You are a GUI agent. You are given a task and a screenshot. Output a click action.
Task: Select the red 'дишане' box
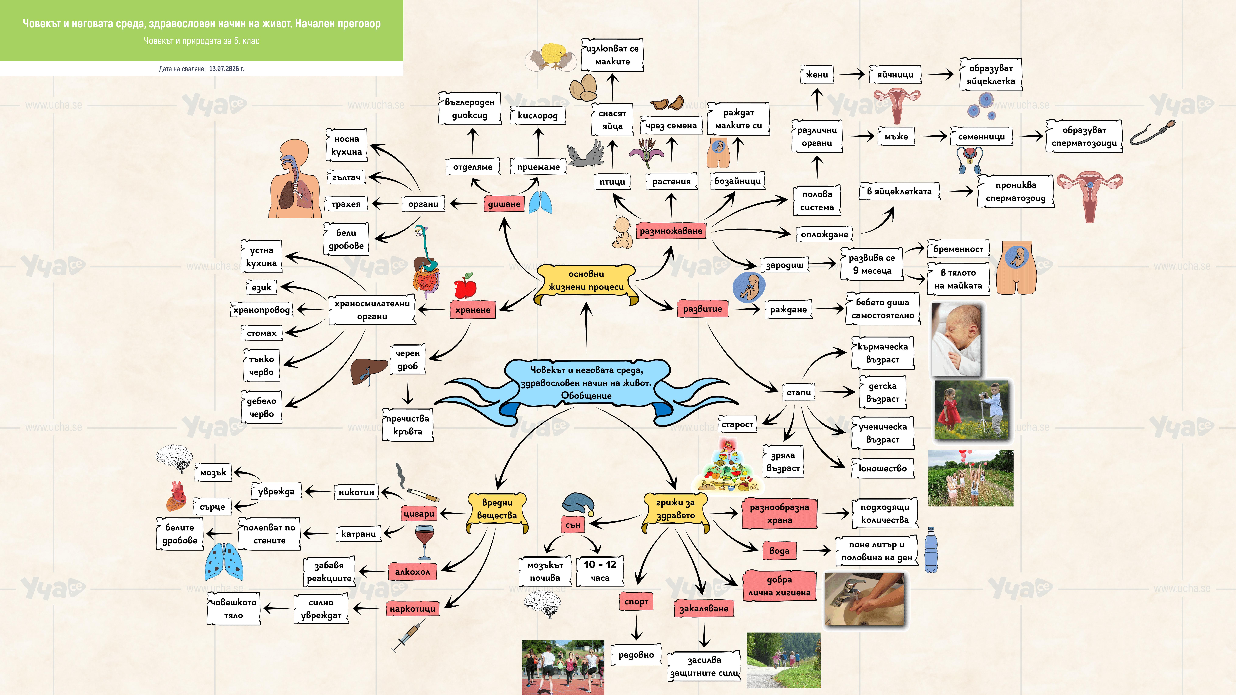click(504, 204)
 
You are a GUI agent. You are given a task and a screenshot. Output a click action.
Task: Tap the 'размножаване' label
click(671, 231)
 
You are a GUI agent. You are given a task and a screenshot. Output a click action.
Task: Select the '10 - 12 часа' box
click(600, 571)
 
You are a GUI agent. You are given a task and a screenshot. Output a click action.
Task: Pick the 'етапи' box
click(798, 392)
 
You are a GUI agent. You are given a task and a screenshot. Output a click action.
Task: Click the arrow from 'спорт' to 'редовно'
click(636, 626)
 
